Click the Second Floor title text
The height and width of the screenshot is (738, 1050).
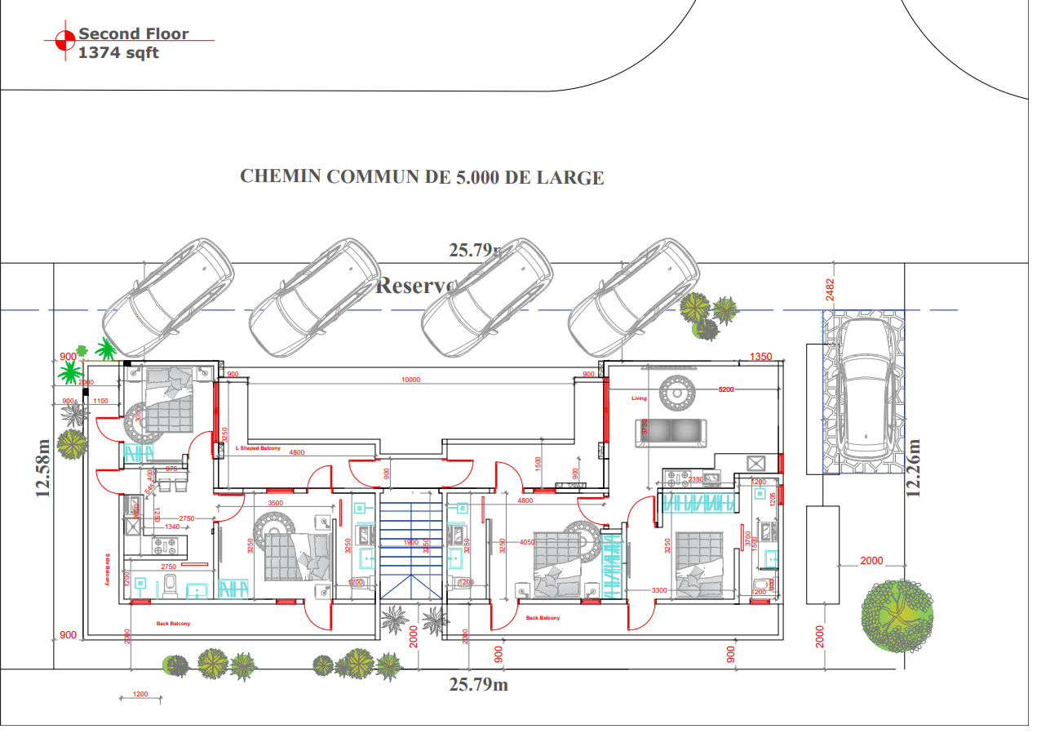[x=133, y=34]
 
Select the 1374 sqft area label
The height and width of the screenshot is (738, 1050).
[x=118, y=53]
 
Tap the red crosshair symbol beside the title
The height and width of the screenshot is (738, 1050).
[x=65, y=40]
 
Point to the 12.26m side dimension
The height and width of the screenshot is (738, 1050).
[x=914, y=468]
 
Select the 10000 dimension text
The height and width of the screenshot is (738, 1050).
[x=411, y=380]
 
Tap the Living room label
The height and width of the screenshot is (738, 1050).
[x=639, y=398]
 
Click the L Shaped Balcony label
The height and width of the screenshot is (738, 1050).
[x=258, y=448]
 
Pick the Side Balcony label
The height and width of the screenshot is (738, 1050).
[x=108, y=569]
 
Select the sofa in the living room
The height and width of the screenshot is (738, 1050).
[x=671, y=433]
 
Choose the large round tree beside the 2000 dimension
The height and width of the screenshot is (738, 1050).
[x=897, y=616]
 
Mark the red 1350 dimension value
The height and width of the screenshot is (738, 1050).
[x=760, y=357]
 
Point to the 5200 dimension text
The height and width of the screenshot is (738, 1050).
[x=726, y=390]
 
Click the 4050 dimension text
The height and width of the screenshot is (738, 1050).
[x=526, y=541]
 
